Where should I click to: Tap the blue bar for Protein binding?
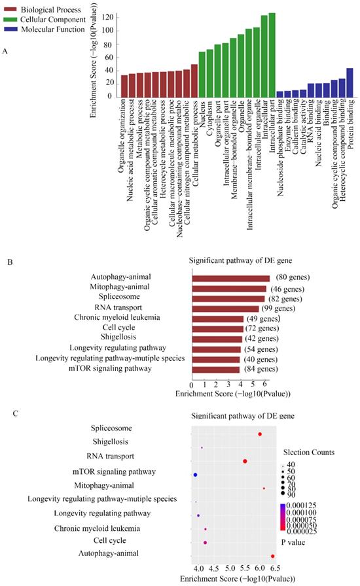point(350,82)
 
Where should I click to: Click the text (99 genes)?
point(279,308)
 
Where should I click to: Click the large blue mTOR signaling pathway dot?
point(195,474)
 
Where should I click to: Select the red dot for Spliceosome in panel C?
point(260,434)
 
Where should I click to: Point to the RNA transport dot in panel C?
point(245,461)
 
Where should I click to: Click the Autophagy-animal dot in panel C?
point(273,556)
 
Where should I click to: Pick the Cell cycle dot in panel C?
point(206,542)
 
